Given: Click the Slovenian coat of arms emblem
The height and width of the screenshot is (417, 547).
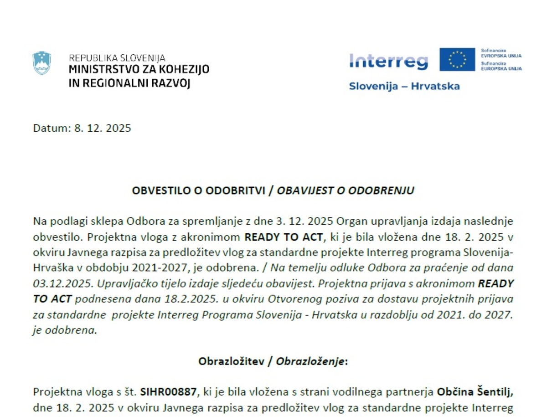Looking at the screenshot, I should (x=41, y=63).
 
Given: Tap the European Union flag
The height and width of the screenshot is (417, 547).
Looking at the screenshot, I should (x=457, y=59).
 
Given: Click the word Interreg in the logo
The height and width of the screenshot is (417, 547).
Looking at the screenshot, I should (x=388, y=61).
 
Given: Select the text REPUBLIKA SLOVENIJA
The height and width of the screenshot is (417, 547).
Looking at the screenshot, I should (x=117, y=58).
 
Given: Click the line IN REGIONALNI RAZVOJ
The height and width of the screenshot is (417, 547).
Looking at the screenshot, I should (x=129, y=83).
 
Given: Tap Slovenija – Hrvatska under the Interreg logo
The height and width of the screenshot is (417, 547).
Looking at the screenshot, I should (x=404, y=86).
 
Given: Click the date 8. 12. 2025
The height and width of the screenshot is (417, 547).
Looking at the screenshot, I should (x=103, y=128).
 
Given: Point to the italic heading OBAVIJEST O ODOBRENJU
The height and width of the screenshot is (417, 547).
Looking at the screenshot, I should (x=346, y=190).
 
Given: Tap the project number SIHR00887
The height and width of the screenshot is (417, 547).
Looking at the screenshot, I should (x=169, y=391).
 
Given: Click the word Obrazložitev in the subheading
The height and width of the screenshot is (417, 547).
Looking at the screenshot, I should (x=232, y=361).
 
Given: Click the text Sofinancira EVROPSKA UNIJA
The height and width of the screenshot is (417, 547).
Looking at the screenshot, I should (x=501, y=53).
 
